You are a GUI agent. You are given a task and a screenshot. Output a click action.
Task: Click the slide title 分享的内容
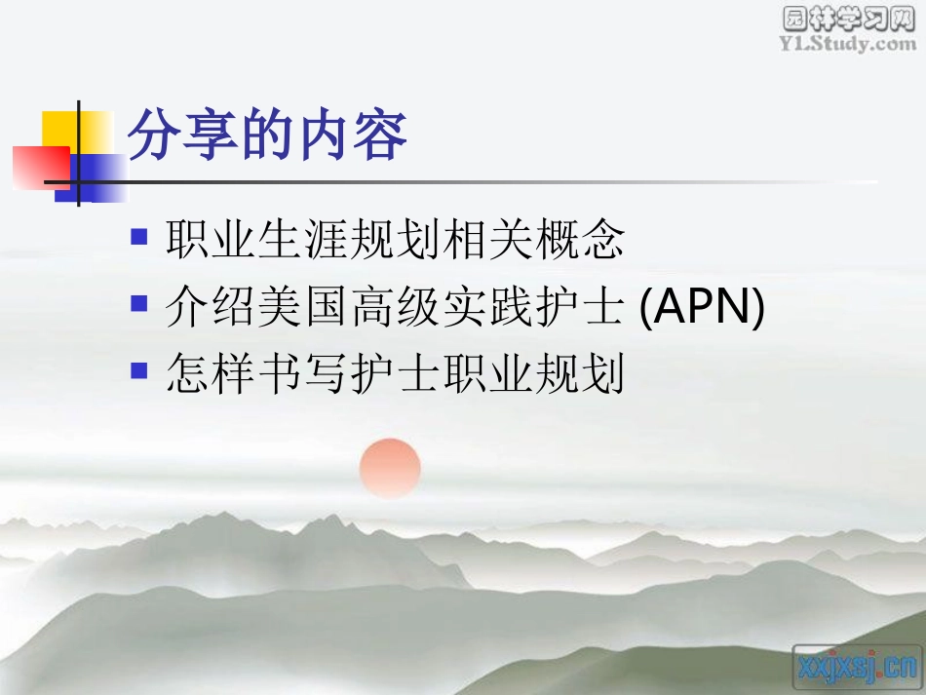tap(268, 135)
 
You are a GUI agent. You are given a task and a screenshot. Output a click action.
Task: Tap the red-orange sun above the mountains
tap(390, 468)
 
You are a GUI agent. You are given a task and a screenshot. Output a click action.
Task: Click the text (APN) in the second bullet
tap(703, 308)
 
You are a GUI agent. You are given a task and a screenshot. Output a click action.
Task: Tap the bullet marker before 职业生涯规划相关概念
tap(139, 237)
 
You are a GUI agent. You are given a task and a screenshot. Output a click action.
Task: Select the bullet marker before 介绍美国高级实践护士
tap(139, 305)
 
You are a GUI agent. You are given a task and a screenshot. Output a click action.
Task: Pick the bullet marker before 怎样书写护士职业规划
tap(139, 371)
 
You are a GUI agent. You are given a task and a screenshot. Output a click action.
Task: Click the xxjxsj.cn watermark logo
tap(857, 666)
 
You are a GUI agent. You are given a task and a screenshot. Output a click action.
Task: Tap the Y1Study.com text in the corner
tap(848, 44)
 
